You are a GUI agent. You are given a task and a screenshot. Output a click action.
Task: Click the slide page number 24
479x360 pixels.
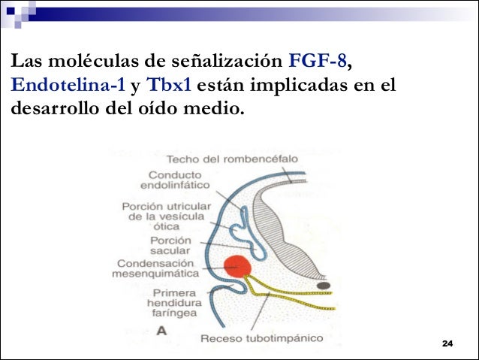(448, 343)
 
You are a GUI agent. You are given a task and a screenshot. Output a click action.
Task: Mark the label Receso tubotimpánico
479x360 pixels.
(261, 338)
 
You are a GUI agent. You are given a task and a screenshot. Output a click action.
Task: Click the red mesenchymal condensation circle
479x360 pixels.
(239, 267)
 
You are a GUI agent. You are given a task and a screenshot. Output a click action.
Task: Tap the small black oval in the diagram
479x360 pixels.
(324, 286)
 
